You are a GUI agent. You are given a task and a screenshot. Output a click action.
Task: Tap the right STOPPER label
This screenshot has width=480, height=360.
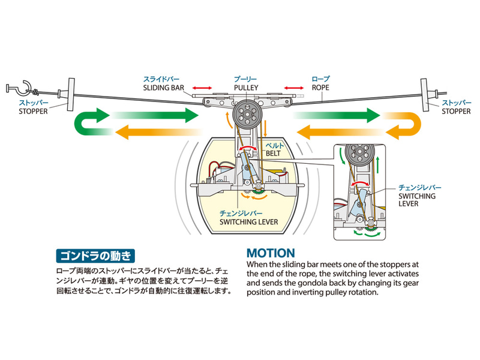pos(455,111)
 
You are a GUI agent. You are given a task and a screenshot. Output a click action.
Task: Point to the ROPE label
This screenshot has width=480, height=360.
pos(320,87)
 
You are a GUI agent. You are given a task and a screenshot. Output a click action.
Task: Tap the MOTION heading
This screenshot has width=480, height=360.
pos(271,253)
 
